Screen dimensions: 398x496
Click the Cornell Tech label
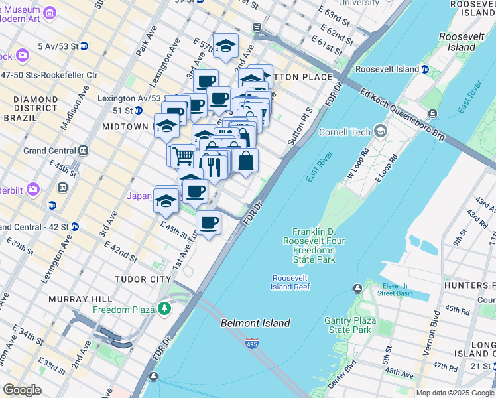[x=345, y=132]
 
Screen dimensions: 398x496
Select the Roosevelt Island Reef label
[x=290, y=282]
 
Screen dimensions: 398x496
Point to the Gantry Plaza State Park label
[x=347, y=325]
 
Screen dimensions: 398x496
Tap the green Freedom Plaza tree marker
[x=164, y=309]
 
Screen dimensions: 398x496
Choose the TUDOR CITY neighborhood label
[x=143, y=279]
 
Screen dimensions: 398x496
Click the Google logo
[x=22, y=390]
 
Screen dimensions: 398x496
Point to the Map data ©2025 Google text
[x=454, y=393]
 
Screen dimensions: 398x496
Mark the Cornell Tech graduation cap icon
[x=380, y=131]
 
